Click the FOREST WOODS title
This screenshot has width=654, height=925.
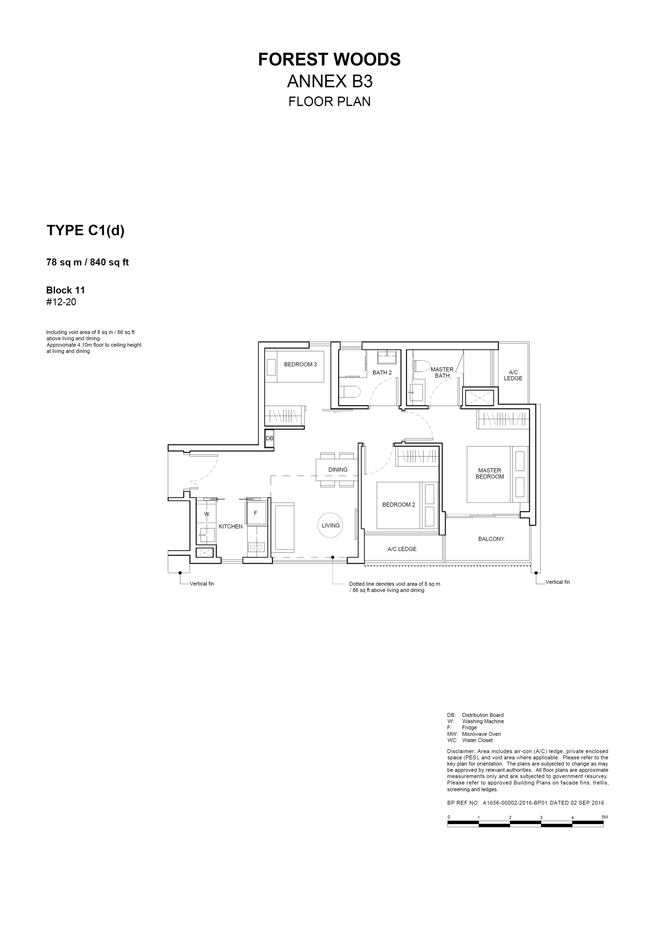click(329, 59)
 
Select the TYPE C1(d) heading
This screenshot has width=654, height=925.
click(85, 231)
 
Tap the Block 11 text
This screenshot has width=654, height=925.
click(66, 290)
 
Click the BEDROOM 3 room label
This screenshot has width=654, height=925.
click(300, 365)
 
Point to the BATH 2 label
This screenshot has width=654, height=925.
click(382, 373)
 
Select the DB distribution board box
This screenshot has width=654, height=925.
click(270, 438)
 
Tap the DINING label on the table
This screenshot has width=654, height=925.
click(338, 469)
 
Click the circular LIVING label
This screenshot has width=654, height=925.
click(330, 525)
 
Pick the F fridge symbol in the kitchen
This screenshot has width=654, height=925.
click(255, 513)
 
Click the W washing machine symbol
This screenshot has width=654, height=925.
click(207, 514)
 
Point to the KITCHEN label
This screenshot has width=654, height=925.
click(231, 526)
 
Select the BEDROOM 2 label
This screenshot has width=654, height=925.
click(399, 505)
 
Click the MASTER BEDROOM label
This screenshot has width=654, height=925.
click(490, 473)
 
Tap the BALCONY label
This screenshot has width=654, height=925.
click(491, 539)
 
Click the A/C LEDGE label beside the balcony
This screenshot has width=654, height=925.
click(402, 549)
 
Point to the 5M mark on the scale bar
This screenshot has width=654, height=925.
click(604, 817)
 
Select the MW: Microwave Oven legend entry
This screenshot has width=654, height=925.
click(474, 734)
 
